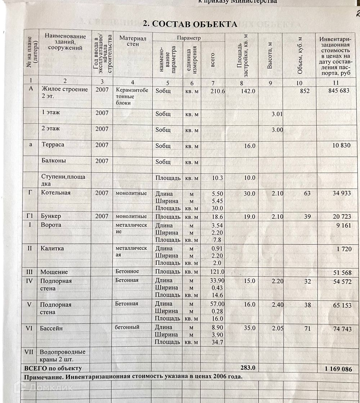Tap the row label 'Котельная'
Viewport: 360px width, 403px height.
[x=56, y=193]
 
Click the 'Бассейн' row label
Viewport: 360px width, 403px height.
[x=52, y=328]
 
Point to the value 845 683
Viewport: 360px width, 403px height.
[x=339, y=91]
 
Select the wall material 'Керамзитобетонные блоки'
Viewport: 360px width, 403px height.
[x=132, y=96]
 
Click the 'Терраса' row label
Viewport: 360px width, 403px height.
[x=53, y=145]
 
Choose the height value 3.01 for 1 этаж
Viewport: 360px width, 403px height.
[x=277, y=114]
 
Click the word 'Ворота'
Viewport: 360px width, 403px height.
[x=51, y=225]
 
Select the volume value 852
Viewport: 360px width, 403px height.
[x=305, y=91]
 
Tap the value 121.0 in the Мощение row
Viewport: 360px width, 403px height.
[x=217, y=272]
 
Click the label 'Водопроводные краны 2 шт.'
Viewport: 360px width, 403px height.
[x=63, y=356]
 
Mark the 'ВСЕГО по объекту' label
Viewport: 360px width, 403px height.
[x=53, y=368]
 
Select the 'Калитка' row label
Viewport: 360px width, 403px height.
[x=52, y=248]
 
